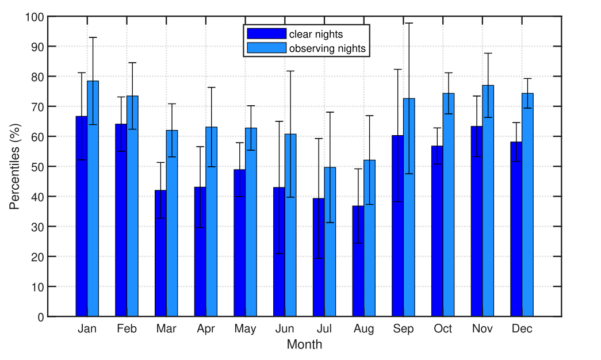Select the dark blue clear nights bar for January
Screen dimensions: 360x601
82,230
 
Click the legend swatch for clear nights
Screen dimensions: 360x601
266,34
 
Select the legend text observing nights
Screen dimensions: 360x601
327,48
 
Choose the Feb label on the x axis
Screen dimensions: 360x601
127,329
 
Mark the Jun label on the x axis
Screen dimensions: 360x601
285,329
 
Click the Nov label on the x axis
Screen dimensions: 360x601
482,329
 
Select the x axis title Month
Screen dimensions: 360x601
304,345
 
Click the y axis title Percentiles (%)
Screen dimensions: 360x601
14,167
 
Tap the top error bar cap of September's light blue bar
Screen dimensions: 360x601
409,23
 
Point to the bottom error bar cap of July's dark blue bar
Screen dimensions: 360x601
319,258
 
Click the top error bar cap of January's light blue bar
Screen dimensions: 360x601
93,37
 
